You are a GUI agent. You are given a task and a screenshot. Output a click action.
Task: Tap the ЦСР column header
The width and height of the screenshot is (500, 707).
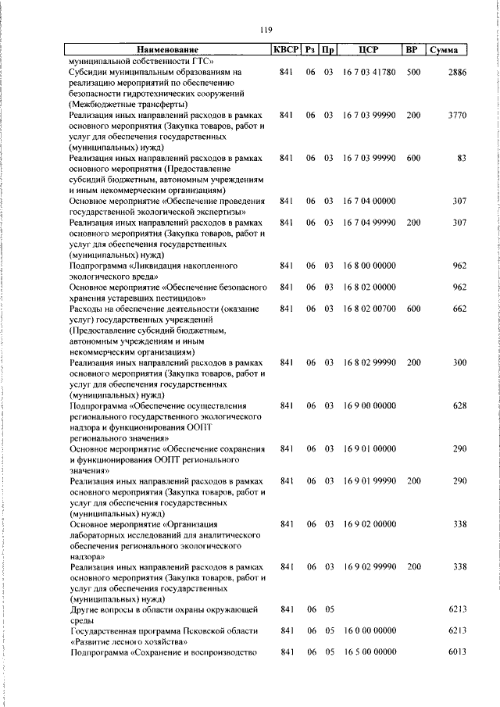click(368, 51)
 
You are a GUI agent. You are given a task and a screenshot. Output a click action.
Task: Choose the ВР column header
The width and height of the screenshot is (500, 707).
click(412, 51)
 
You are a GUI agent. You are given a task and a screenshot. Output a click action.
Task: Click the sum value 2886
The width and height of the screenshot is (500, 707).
click(456, 73)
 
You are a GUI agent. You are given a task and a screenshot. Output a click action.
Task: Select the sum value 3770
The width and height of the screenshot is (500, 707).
click(456, 116)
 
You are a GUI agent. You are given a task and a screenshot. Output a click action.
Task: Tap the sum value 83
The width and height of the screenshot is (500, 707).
click(461, 159)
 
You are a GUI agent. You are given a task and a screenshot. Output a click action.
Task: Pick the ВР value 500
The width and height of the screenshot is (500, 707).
click(413, 73)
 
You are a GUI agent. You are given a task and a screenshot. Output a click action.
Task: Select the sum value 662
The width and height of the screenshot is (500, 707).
click(459, 309)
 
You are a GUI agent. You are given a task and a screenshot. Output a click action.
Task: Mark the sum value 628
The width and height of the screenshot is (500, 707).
click(459, 406)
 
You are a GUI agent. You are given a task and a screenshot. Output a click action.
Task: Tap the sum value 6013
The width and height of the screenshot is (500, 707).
click(456, 652)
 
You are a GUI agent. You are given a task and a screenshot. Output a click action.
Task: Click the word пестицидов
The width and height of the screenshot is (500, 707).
click(179, 298)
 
